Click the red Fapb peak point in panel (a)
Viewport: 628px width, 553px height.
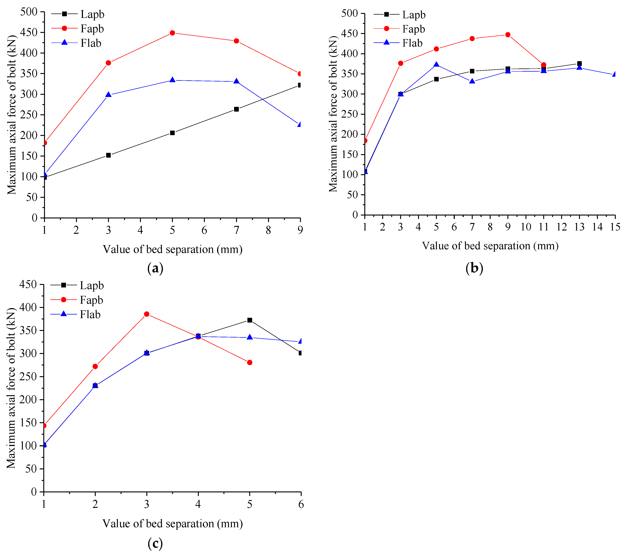[172, 33]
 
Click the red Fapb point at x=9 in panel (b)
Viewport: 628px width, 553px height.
[508, 35]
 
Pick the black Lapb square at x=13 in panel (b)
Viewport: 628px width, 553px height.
[579, 64]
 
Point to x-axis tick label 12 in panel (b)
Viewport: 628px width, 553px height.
[562, 227]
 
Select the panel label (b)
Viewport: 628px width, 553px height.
[474, 268]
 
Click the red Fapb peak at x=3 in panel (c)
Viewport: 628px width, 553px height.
[147, 314]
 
